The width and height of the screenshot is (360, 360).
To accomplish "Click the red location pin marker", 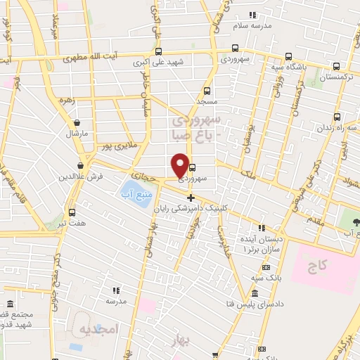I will pyautogui.click(x=180, y=165).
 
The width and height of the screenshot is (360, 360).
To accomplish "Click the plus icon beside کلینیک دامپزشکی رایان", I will pyautogui.click(x=191, y=197).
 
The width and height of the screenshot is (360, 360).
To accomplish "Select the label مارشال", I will pyautogui.click(x=75, y=133).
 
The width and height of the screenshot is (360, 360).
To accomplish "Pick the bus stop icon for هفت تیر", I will pyautogui.click(x=72, y=212).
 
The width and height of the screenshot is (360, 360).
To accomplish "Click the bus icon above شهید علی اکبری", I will pyautogui.click(x=158, y=51).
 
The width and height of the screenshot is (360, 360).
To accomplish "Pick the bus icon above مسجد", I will pyautogui.click(x=207, y=91).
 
